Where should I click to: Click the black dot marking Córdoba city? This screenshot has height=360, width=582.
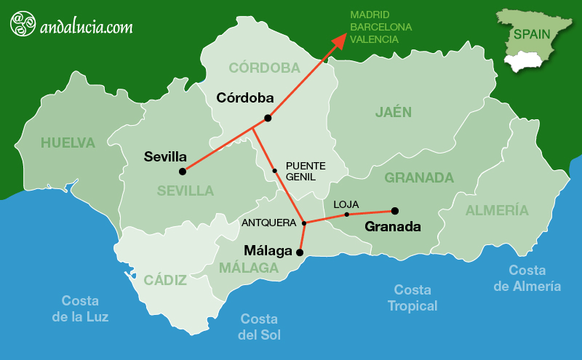268,118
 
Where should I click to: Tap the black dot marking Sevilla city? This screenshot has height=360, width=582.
183,172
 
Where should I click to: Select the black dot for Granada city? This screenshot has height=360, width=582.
394,211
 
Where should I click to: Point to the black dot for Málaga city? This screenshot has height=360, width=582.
300,253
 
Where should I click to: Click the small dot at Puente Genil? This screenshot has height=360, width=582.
274,171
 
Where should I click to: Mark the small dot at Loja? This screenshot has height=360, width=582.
346,215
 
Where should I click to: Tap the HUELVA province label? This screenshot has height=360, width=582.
68,143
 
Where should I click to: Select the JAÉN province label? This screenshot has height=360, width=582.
394,112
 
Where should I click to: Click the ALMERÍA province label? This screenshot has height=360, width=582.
497,211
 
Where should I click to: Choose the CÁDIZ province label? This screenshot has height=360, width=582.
165,280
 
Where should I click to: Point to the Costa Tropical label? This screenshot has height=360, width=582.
412,297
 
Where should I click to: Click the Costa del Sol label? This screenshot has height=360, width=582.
260,327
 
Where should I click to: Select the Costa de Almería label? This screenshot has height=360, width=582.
527,278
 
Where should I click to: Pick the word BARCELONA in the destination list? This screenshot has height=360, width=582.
380,27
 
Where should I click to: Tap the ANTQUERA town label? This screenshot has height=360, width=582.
268,223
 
